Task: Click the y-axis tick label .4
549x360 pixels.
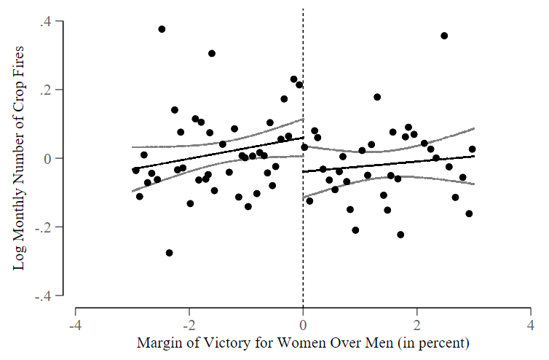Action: point(45,22)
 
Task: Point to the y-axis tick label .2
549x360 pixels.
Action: point(45,90)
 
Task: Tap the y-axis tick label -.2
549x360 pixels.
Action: point(44,227)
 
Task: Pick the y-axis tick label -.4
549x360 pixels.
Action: point(44,296)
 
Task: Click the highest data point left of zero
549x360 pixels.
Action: point(162,29)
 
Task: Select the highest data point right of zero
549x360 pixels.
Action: point(444,36)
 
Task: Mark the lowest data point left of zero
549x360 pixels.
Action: point(169,253)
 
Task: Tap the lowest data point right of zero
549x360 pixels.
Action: point(400,235)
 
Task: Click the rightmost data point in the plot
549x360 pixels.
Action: point(472,149)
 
